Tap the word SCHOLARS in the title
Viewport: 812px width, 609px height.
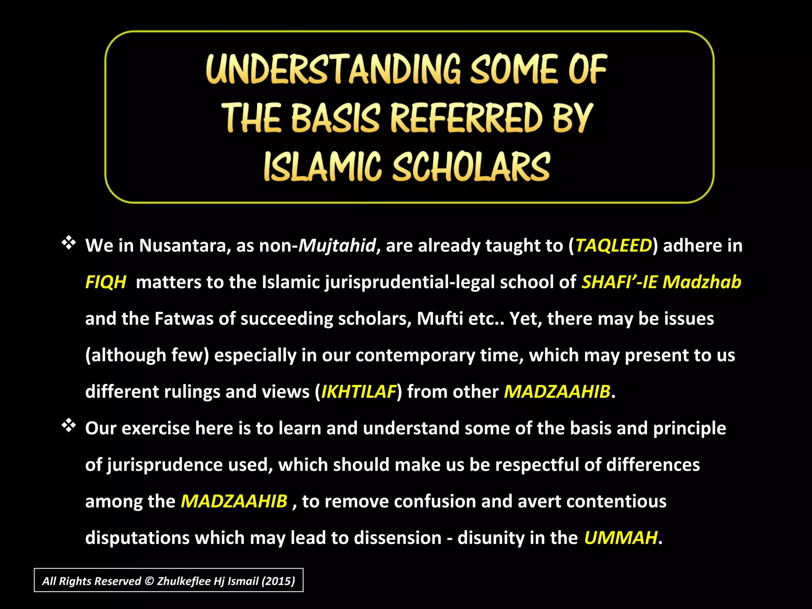tap(471, 167)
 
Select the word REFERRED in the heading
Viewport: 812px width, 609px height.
tap(467, 118)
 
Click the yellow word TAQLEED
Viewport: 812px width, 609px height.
tap(613, 245)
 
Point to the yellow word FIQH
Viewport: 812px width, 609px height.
tap(105, 282)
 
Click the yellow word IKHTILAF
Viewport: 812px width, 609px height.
tap(358, 392)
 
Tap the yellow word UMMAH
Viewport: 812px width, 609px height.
tap(620, 538)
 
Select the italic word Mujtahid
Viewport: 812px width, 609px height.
tap(337, 245)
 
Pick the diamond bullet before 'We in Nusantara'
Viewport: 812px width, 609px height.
tap(69, 243)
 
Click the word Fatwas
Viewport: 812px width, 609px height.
tap(184, 318)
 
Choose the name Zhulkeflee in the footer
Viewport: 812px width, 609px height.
tap(184, 581)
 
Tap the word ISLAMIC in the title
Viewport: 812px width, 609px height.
tap(322, 167)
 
